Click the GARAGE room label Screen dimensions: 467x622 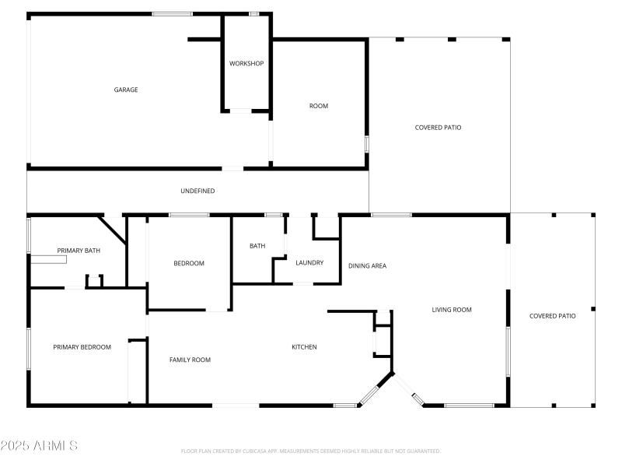coord(126,90)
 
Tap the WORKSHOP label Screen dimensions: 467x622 coord(246,63)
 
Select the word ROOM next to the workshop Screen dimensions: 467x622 coord(319,106)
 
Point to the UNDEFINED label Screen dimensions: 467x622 coord(197,191)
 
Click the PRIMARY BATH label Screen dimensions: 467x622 coord(79,251)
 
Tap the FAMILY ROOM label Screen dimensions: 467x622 coord(190,360)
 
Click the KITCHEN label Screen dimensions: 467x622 coord(304,347)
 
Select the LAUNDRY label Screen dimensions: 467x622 coord(309,263)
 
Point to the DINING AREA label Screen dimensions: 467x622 coord(367,266)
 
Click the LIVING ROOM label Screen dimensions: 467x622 coord(452,310)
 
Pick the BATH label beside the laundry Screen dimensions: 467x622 coord(257,246)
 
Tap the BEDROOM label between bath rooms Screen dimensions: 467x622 coord(188,263)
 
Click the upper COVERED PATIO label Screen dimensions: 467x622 coord(438,128)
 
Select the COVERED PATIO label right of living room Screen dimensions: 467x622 coord(552,316)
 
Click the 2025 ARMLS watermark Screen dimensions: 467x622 coord(39,446)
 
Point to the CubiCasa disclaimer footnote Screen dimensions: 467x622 coord(311,451)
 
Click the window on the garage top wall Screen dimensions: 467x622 coord(172,13)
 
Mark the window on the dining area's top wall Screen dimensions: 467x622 coord(391,215)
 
